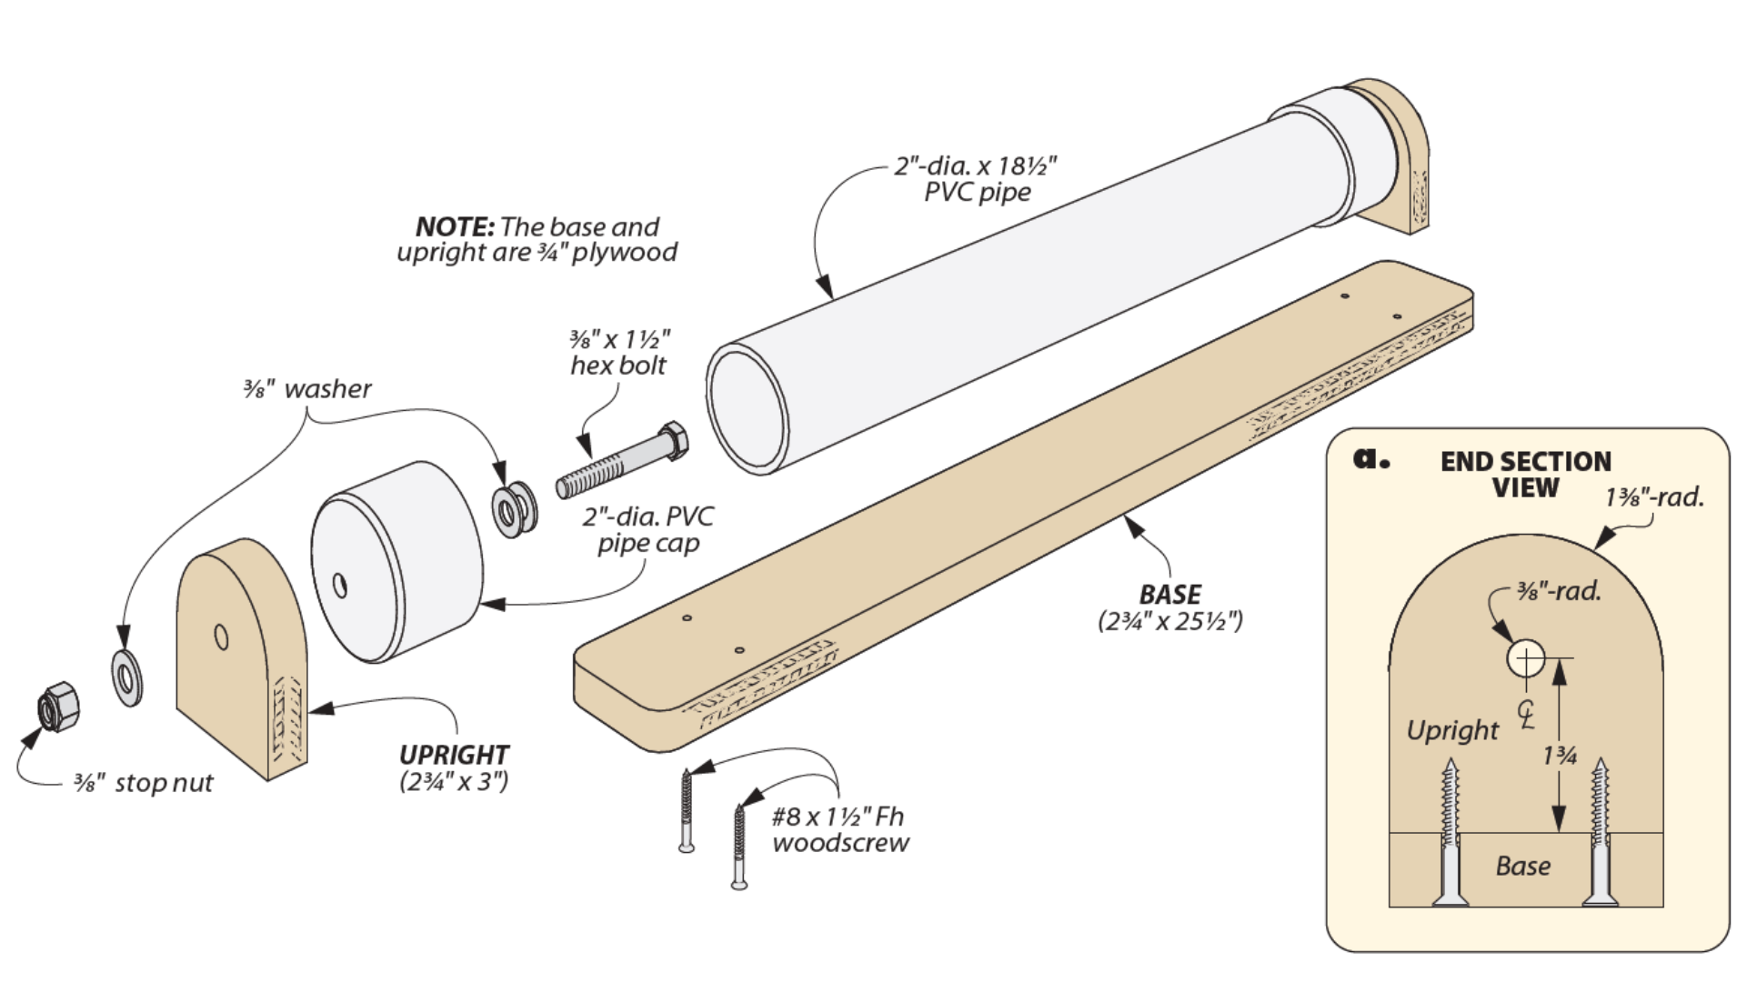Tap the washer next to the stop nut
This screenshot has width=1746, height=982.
click(x=126, y=677)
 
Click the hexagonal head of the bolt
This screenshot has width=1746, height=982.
click(x=672, y=441)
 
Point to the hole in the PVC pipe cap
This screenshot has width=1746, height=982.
click(x=340, y=585)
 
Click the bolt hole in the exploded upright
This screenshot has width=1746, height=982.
click(x=221, y=636)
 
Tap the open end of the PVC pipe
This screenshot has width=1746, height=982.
click(x=747, y=409)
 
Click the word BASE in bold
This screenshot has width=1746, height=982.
click(x=1169, y=595)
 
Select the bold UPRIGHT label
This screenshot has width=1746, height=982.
click(x=454, y=755)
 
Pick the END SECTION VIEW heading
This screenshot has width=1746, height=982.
click(x=1525, y=474)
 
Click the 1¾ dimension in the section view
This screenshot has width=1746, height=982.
click(x=1560, y=755)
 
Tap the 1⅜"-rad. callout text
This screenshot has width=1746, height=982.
click(x=1653, y=497)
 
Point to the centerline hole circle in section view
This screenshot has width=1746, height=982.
click(x=1525, y=658)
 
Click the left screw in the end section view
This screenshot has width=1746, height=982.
click(x=1450, y=832)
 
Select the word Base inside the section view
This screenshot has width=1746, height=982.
click(x=1522, y=866)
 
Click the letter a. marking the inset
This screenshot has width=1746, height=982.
click(x=1370, y=458)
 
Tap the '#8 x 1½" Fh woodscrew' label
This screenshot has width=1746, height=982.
click(x=839, y=829)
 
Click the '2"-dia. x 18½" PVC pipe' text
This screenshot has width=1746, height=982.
click(x=976, y=179)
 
